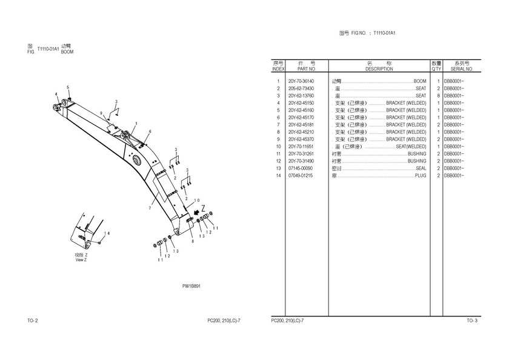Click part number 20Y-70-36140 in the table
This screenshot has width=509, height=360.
point(301,81)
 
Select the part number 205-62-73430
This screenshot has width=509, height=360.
point(301,88)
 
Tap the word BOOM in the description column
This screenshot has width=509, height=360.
point(420,81)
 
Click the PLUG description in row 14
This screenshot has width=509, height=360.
point(421,176)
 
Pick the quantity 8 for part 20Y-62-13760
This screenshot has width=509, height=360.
point(437,96)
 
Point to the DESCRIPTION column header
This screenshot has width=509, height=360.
point(379,69)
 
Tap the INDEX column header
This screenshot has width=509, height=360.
point(278,69)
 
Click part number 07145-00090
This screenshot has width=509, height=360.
point(301,168)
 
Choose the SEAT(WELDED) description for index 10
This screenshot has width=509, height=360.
point(411,147)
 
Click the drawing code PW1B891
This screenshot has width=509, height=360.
point(191,286)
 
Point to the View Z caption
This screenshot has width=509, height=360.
point(81,260)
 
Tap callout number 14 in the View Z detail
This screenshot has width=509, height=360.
point(107,233)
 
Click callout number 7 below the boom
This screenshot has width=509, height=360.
point(150,208)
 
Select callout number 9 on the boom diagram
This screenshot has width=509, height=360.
point(101,113)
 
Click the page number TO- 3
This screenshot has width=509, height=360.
point(471,320)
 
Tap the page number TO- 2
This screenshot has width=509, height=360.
point(33,320)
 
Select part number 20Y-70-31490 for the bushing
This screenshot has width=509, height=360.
point(301,161)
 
